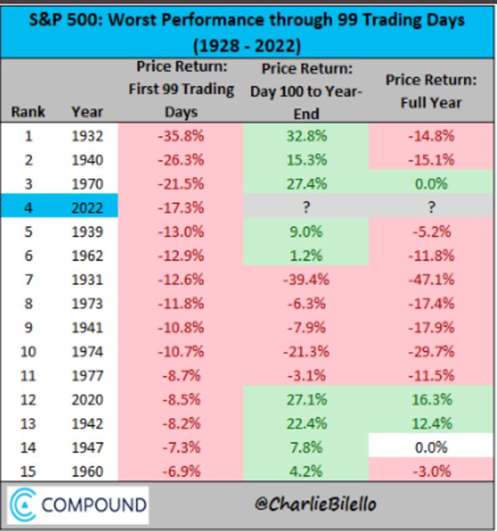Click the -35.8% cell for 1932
pyautogui.click(x=180, y=136)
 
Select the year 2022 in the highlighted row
pyautogui.click(x=87, y=207)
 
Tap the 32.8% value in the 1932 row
pyautogui.click(x=305, y=136)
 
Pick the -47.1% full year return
pyautogui.click(x=431, y=279)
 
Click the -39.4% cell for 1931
pyautogui.click(x=305, y=279)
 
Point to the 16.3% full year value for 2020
pyautogui.click(x=431, y=399)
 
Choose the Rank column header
pyautogui.click(x=28, y=112)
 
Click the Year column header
pyautogui.click(x=87, y=112)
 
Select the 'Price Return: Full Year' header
pyautogui.click(x=431, y=91)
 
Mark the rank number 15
pyautogui.click(x=28, y=471)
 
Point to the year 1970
pyautogui.click(x=87, y=184)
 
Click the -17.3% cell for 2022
pyautogui.click(x=180, y=207)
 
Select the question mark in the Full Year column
pyautogui.click(x=431, y=207)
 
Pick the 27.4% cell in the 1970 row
pyautogui.click(x=305, y=184)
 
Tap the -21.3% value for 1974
pyautogui.click(x=305, y=351)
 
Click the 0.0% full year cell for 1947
pyautogui.click(x=431, y=447)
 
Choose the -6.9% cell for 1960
pyautogui.click(x=180, y=471)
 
